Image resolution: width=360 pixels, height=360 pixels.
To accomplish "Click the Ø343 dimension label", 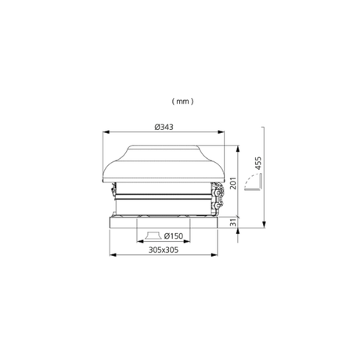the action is (164, 127).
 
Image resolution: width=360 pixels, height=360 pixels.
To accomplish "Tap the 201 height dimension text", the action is (233, 183).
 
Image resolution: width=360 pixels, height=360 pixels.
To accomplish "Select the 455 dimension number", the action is (257, 163).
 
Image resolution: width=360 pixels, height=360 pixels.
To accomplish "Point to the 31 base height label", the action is (234, 222).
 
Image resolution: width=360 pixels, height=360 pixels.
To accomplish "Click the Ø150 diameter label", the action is (174, 236).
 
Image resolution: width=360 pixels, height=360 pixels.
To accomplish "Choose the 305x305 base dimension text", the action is (164, 250).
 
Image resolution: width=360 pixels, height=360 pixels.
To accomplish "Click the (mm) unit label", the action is (182, 101).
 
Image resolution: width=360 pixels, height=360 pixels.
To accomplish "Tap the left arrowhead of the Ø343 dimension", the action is (106, 132).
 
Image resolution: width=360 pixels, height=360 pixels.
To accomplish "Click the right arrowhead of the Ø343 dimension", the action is (221, 132).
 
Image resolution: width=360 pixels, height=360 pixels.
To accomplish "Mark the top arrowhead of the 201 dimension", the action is (238, 149).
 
